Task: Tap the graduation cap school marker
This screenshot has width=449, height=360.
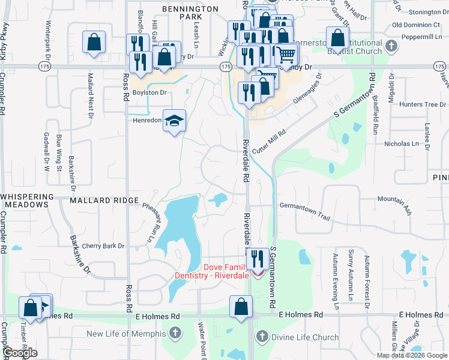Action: pos(175,122)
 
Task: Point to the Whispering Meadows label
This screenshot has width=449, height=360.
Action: pos(25,200)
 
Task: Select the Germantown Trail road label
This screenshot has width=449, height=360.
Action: pos(305,205)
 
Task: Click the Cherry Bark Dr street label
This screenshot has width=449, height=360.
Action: pos(103,246)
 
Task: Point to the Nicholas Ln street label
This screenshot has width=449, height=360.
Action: pos(402,144)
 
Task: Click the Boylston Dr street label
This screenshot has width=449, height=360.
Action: pos(150,92)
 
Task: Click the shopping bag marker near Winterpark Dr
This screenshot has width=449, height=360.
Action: pos(94,43)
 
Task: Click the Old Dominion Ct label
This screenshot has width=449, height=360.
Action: pos(415,25)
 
